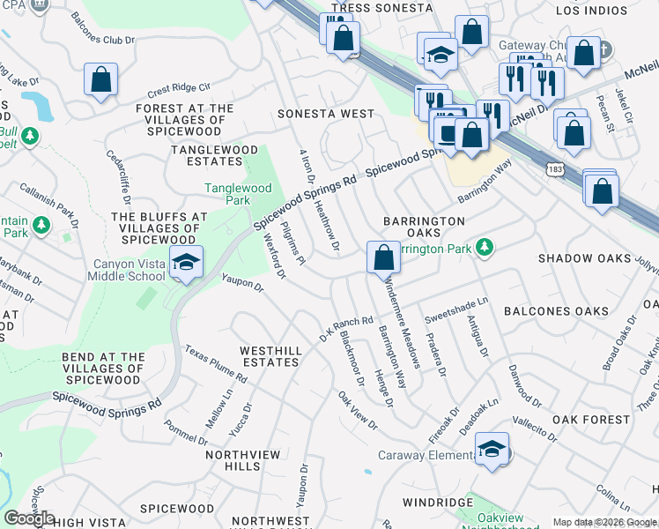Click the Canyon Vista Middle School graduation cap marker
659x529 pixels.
[x=185, y=263]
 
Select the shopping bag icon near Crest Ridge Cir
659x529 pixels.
[x=101, y=79]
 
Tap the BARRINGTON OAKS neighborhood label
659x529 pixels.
[x=424, y=227]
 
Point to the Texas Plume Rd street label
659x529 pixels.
[x=216, y=364]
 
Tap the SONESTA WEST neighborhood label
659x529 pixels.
[x=325, y=115]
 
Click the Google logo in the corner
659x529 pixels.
[x=28, y=518]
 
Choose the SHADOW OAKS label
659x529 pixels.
[x=584, y=258]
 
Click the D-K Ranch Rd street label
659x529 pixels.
[x=346, y=331]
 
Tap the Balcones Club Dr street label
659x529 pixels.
[x=104, y=41]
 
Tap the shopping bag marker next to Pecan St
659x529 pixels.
[x=573, y=132]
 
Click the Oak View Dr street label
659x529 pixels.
[x=358, y=412]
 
